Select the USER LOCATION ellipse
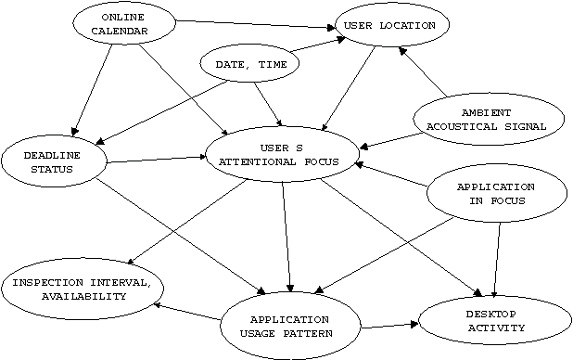click(390, 27)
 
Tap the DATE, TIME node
click(250, 65)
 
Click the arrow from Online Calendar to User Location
click(255, 23)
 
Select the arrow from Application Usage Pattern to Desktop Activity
click(389, 325)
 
